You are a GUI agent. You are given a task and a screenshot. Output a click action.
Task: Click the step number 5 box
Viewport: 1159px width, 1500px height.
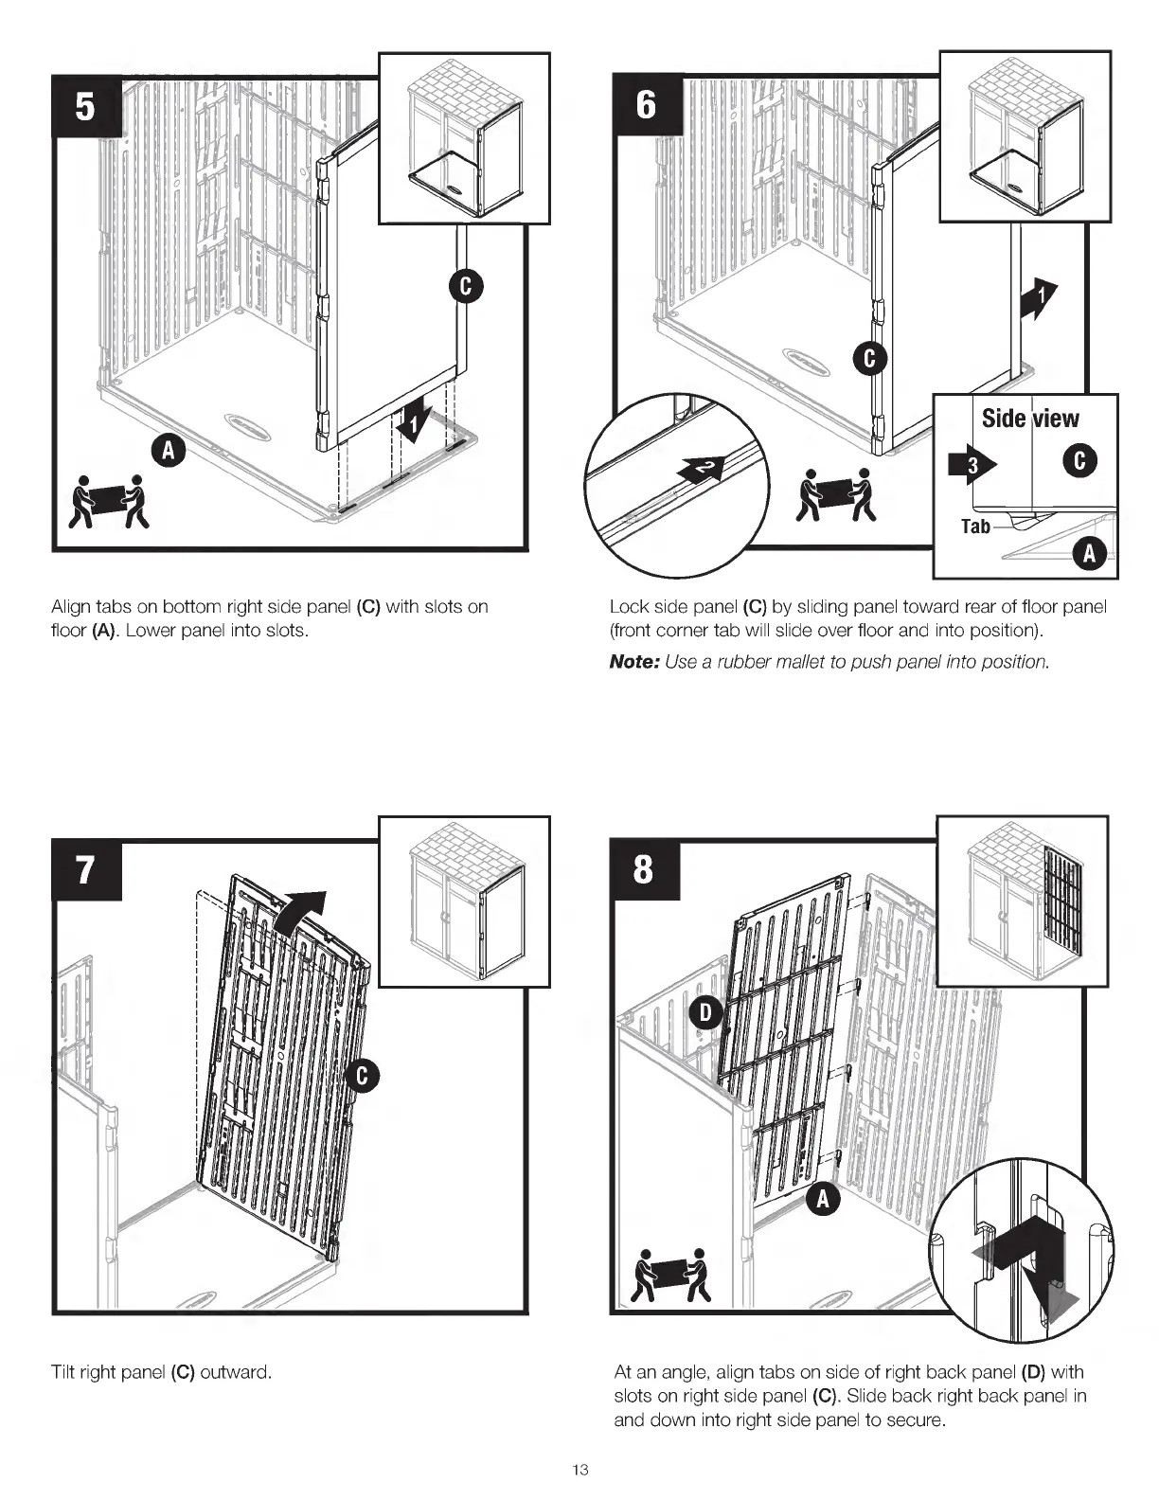pos(85,106)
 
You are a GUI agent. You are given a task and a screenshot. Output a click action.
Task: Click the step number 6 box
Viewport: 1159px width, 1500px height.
pos(645,105)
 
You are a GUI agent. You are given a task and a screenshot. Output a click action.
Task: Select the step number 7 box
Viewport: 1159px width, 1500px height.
pos(85,869)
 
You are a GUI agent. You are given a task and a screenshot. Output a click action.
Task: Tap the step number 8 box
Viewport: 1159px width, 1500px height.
pos(644,869)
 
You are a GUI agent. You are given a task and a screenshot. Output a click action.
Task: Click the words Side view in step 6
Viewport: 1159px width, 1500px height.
pos(1030,419)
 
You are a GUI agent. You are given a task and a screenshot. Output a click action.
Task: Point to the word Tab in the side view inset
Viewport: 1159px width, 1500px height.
pos(975,527)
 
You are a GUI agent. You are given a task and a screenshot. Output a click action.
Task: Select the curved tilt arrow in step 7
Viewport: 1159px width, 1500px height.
pos(301,913)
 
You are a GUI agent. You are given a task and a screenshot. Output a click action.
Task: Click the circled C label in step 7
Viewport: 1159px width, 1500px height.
pos(363,1076)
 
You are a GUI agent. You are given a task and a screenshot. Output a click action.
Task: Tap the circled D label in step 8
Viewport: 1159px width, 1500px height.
pos(705,1012)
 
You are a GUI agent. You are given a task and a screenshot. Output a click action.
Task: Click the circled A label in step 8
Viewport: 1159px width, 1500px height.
pos(824,1199)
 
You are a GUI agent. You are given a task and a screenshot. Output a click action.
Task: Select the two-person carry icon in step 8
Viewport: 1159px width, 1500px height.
pos(670,1275)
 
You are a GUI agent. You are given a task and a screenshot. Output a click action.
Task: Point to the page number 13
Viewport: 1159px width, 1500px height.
pos(580,1471)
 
